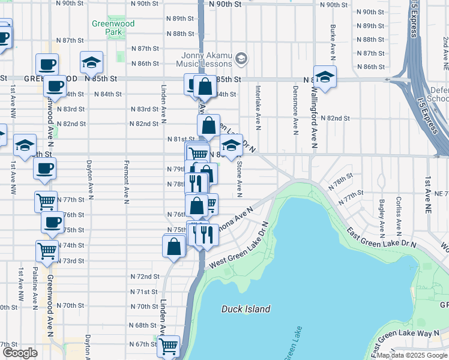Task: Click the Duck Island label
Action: [246, 309]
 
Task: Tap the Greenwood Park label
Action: [113, 28]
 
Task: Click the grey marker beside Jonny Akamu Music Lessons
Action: [241, 58]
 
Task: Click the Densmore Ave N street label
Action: [295, 117]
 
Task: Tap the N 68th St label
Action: [143, 325]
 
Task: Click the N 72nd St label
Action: [144, 277]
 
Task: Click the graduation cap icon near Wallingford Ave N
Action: [325, 77]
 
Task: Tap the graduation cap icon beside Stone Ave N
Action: [231, 145]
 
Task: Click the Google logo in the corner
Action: [20, 352]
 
